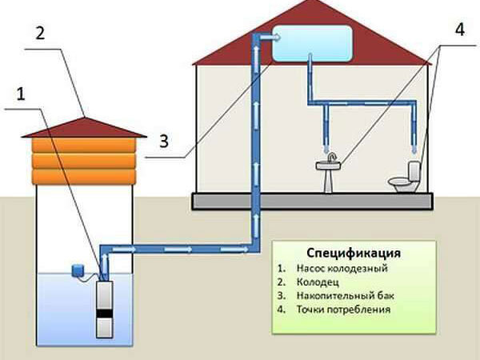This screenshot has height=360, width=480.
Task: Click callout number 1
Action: pyautogui.click(x=21, y=94)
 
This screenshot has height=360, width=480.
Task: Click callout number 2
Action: pyautogui.click(x=41, y=33)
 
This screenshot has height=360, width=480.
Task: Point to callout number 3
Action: pyautogui.click(x=164, y=142)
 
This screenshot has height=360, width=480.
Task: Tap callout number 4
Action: pyautogui.click(x=460, y=30)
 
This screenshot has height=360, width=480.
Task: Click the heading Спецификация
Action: pyautogui.click(x=354, y=253)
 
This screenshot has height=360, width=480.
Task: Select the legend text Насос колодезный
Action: pyautogui.click(x=342, y=269)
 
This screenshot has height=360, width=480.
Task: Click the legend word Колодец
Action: pyautogui.click(x=318, y=282)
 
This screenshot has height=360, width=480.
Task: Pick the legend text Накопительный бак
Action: pyautogui.click(x=345, y=296)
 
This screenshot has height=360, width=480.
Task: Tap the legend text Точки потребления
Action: pyautogui.click(x=343, y=310)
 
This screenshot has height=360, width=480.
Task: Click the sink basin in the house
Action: pyautogui.click(x=329, y=166)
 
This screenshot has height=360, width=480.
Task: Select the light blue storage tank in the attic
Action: pyautogui.click(x=312, y=43)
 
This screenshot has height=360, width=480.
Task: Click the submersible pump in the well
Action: pyautogui.click(x=104, y=309)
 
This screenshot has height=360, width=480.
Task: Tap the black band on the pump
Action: pyautogui.click(x=104, y=314)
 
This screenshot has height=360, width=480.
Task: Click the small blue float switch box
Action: pyautogui.click(x=78, y=270)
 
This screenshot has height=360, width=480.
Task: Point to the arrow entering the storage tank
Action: pyautogui.click(x=270, y=38)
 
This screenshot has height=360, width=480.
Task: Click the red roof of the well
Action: pyautogui.click(x=84, y=128)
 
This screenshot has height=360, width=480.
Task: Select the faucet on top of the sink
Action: pyautogui.click(x=331, y=158)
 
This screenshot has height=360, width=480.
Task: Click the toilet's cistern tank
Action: pyautogui.click(x=414, y=171)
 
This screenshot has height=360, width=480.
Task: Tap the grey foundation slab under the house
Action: pyautogui.click(x=313, y=201)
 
